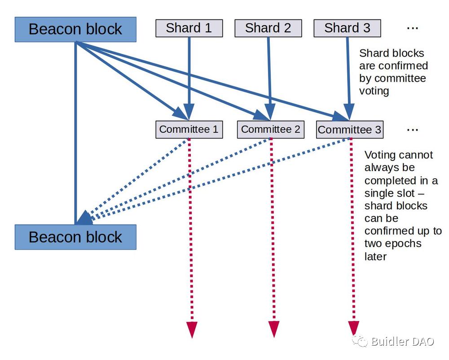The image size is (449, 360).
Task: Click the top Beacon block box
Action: pyautogui.click(x=75, y=30)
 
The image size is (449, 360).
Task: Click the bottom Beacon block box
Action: pyautogui.click(x=75, y=237)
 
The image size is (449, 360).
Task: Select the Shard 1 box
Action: pyautogui.click(x=189, y=28)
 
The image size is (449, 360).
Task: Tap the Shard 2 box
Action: pyautogui.click(x=268, y=28)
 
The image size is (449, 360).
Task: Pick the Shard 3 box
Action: pyautogui.click(x=347, y=28)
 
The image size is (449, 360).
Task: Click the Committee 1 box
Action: pyautogui.click(x=189, y=129)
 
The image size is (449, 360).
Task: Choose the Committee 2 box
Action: pyautogui.click(x=270, y=129)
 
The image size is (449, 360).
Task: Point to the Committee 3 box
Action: pyautogui.click(x=349, y=130)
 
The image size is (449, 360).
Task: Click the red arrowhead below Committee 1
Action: pyautogui.click(x=192, y=329)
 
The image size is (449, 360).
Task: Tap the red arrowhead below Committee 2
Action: pyautogui.click(x=273, y=329)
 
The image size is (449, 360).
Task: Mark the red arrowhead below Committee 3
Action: pyautogui.click(x=354, y=329)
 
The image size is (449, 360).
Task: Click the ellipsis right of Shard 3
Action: pyautogui.click(x=412, y=28)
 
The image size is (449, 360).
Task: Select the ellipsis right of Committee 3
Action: pyautogui.click(x=412, y=130)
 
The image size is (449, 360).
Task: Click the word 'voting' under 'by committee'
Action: pyautogui.click(x=374, y=91)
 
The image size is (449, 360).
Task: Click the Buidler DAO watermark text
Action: pyautogui.click(x=402, y=342)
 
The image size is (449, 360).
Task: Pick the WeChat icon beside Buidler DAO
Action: pyautogui.click(x=361, y=341)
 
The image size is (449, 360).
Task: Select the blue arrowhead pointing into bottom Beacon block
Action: pyautogui.click(x=84, y=218)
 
